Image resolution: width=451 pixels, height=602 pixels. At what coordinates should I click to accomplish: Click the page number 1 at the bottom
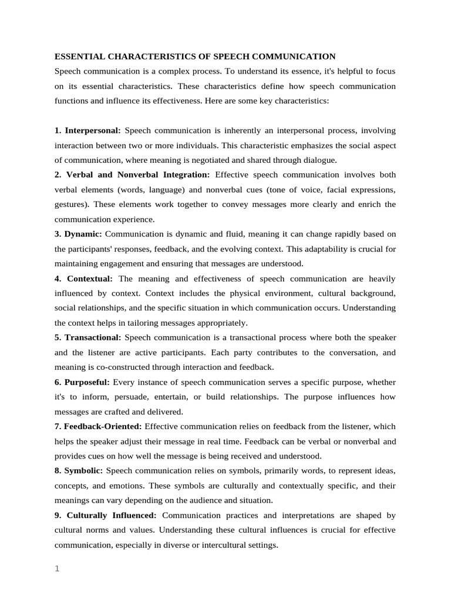click(x=57, y=568)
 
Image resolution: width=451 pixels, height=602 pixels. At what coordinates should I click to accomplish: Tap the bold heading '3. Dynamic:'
click(x=78, y=234)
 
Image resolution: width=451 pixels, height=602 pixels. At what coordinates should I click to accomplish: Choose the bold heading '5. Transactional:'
click(x=87, y=337)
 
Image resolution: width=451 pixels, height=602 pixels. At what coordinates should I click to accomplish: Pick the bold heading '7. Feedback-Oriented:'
click(x=98, y=426)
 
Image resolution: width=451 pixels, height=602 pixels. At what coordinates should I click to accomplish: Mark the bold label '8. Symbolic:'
click(x=79, y=471)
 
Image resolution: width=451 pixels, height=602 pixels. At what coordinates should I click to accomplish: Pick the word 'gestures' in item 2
click(x=69, y=204)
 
